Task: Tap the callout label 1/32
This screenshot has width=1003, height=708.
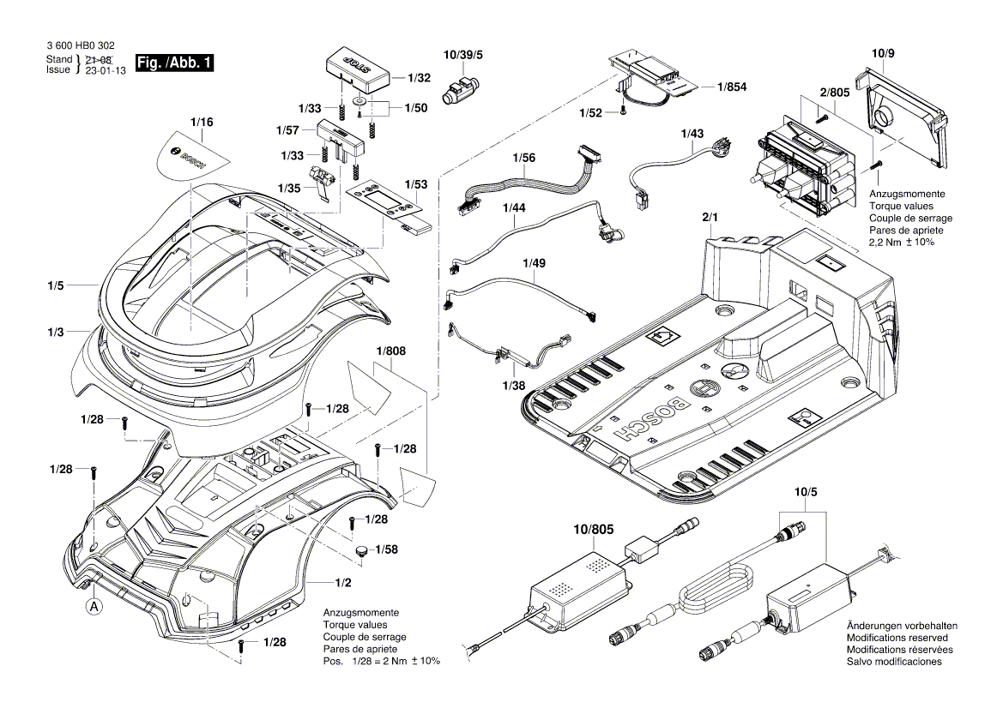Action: [419, 77]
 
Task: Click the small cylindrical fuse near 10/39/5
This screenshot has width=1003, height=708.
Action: [459, 88]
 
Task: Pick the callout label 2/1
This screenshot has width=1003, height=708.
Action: [710, 219]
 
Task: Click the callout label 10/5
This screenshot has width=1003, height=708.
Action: [806, 492]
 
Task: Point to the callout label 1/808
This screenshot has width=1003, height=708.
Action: [390, 351]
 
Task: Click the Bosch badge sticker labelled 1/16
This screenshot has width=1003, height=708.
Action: [194, 154]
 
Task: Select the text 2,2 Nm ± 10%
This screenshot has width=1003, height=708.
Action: [901, 243]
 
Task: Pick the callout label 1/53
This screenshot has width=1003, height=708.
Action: [416, 184]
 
